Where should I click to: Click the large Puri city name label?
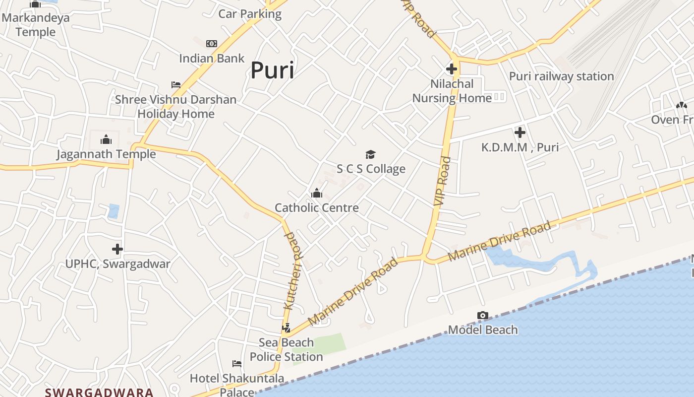click(272, 70)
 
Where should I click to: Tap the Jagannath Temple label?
click(106, 154)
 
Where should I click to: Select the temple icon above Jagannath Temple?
click(106, 139)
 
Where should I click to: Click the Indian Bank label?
click(212, 59)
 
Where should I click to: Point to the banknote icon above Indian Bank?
click(212, 44)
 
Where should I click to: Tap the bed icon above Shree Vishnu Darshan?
click(176, 85)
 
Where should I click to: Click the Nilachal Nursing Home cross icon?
click(452, 69)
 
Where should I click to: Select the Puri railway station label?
click(562, 76)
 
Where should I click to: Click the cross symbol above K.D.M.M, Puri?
click(520, 132)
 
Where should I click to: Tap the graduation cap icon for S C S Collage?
click(371, 154)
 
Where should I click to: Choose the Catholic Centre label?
click(317, 208)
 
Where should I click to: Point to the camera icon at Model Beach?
click(483, 316)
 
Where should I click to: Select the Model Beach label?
click(483, 330)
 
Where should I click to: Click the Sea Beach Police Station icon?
click(286, 328)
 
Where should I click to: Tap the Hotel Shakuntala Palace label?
click(237, 385)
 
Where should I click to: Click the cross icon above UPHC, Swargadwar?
click(117, 249)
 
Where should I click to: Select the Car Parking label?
click(250, 14)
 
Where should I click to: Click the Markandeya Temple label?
click(35, 25)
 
